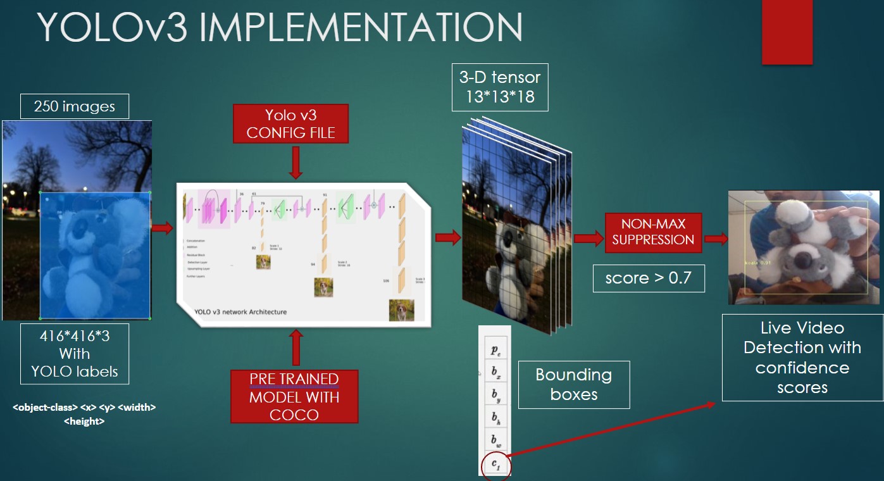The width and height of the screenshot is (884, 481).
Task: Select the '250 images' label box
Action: [75, 106]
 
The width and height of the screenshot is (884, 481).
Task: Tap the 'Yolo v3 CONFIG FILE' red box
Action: [290, 124]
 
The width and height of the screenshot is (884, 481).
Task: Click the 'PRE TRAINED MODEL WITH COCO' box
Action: [294, 396]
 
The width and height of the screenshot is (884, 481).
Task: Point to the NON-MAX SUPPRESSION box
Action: [653, 232]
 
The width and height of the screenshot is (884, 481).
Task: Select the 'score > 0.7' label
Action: [648, 278]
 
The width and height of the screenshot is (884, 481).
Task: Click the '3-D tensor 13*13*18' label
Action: [500, 87]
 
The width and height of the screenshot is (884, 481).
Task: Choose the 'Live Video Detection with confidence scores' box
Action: [802, 358]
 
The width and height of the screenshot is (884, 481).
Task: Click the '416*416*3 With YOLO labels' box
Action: [74, 353]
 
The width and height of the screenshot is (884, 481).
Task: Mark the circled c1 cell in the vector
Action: [495, 465]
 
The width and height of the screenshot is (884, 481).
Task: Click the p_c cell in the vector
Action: [495, 349]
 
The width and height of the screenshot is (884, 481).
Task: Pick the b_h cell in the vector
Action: [495, 418]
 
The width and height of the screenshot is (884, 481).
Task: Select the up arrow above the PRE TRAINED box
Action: [295, 347]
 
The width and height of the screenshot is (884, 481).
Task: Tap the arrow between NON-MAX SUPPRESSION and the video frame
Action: [716, 239]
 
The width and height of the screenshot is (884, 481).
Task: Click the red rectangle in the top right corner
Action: [787, 32]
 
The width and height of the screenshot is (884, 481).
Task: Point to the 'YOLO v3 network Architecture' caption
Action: [241, 312]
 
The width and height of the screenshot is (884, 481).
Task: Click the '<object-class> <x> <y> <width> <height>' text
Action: [84, 414]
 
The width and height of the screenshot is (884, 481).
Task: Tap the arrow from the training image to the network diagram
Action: [163, 228]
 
